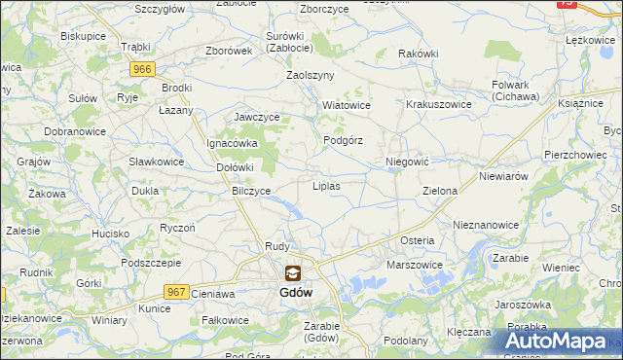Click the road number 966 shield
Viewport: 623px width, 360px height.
pyautogui.click(x=142, y=69)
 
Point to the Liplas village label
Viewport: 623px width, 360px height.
pyautogui.click(x=325, y=185)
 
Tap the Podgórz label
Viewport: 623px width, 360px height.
pyautogui.click(x=343, y=140)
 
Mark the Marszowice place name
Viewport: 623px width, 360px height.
pyautogui.click(x=415, y=265)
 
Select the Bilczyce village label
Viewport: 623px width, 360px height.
pyautogui.click(x=250, y=192)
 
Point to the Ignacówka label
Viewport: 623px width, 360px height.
pyautogui.click(x=231, y=143)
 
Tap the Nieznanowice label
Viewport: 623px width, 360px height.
pyautogui.click(x=486, y=225)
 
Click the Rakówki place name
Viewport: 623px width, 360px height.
pyautogui.click(x=419, y=54)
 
